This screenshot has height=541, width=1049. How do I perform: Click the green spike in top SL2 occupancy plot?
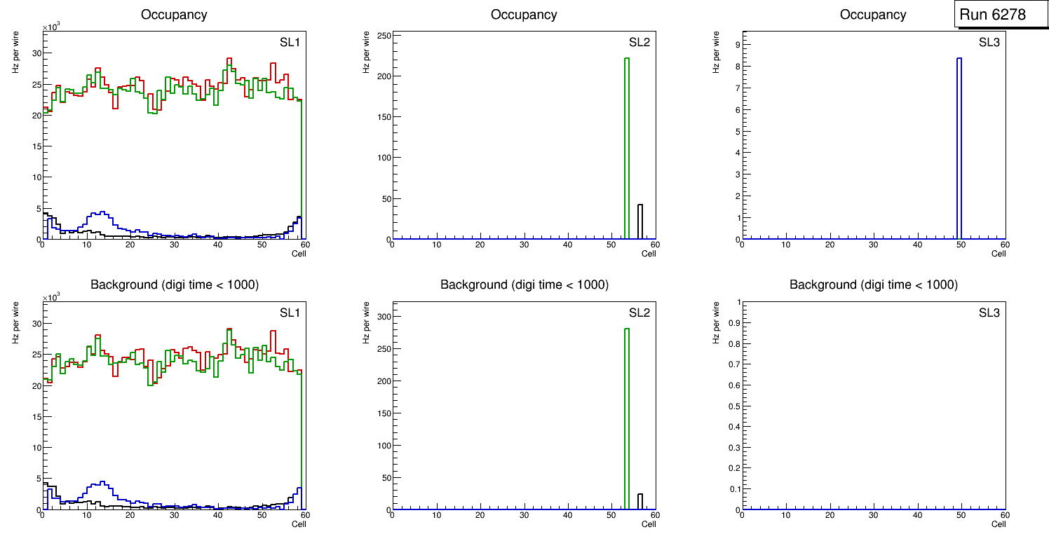tap(627, 147)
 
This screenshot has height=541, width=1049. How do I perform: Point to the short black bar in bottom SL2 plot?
tap(640, 502)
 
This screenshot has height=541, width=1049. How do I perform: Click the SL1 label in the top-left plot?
tap(290, 42)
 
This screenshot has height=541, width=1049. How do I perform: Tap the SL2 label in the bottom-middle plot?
tap(639, 313)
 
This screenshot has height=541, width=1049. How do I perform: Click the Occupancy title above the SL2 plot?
tap(524, 15)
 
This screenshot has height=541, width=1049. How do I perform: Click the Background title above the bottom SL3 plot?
tap(873, 285)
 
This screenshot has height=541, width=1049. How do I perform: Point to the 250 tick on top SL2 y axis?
tap(382, 36)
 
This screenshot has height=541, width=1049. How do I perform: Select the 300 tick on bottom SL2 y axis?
tap(382, 317)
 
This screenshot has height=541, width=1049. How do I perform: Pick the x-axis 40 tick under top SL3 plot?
tap(917, 245)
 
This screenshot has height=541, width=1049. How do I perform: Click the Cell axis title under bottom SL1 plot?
tap(299, 523)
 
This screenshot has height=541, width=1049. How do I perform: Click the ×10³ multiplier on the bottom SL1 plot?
tap(51, 298)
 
